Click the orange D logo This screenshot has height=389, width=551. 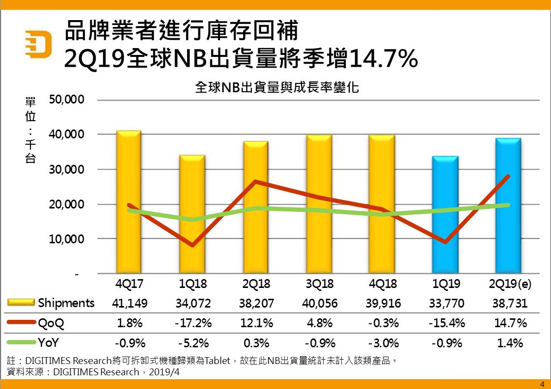[38, 45]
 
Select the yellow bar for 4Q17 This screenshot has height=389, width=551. [128, 201]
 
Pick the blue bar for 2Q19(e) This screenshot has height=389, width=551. [508, 206]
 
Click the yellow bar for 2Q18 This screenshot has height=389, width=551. [255, 207]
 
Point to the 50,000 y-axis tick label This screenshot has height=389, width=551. [67, 100]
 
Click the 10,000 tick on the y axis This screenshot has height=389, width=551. [67, 239]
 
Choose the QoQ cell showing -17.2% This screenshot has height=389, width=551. [193, 323]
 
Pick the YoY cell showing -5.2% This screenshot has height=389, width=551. [193, 343]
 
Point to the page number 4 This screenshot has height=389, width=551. [542, 384]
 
